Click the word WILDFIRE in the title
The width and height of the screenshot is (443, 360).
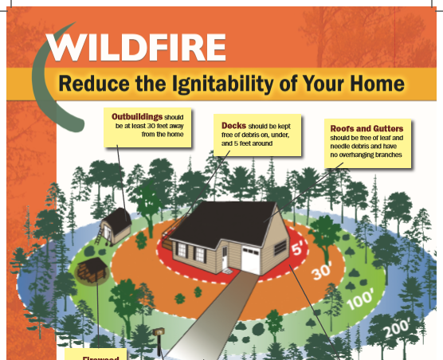coord(136,47)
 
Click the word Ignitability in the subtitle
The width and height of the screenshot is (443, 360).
coord(223,84)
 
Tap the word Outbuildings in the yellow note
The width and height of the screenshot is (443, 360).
coord(137,116)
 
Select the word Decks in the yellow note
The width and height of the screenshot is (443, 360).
coord(233,125)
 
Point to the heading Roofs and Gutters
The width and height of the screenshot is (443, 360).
coord(367,129)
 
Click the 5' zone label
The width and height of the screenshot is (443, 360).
coord(298,248)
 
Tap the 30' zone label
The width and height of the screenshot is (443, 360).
coord(322,272)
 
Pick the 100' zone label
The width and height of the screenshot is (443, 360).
coord(360,299)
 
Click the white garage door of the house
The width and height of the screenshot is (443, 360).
coord(251,260)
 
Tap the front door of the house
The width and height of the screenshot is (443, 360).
coord(225,257)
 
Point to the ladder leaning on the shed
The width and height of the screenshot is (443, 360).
coord(99,235)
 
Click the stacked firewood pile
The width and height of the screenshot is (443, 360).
coord(92,271)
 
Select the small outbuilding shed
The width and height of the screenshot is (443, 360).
coord(116,226)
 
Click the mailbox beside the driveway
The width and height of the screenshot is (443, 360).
coord(159,332)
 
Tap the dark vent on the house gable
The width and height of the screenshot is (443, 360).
coord(280,248)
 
